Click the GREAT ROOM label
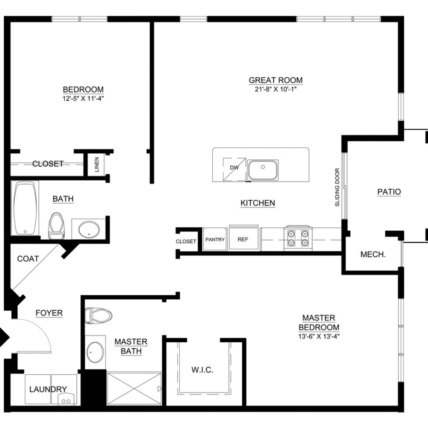[276, 80]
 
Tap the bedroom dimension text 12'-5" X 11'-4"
[83, 99]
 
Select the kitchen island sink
[263, 170]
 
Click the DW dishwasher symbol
[234, 169]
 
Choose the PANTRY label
[215, 239]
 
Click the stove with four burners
[298, 238]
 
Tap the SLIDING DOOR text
[337, 187]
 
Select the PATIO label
[389, 192]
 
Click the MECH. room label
[373, 255]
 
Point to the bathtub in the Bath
[25, 208]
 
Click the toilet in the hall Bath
[56, 226]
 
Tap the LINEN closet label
[97, 165]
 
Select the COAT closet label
[28, 259]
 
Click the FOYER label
[49, 313]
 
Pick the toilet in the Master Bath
[98, 316]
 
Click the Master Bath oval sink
[95, 352]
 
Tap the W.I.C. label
[202, 370]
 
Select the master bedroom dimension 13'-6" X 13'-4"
[319, 336]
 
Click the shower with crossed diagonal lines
[134, 389]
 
